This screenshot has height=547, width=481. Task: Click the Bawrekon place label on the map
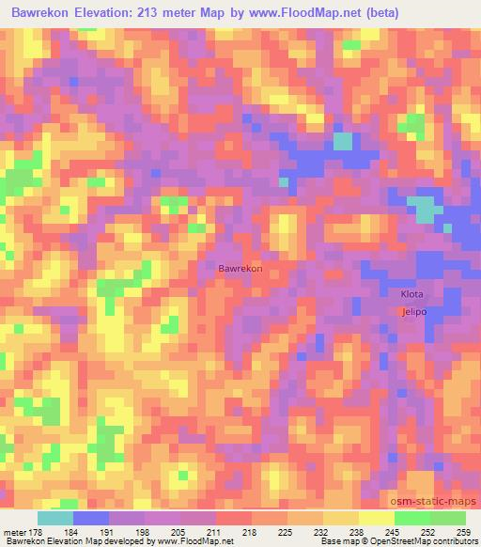pyautogui.click(x=240, y=269)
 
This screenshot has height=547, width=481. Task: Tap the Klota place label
pyautogui.click(x=412, y=294)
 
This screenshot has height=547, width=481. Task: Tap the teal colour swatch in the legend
pyautogui.click(x=54, y=518)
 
